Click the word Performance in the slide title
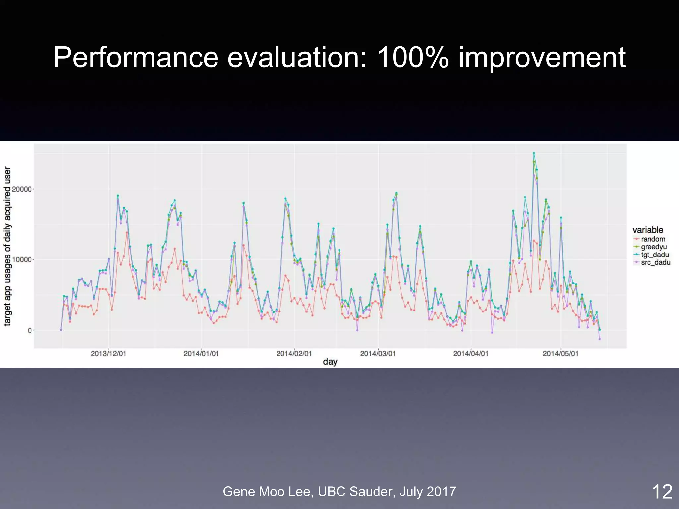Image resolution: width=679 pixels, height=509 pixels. pos(136,58)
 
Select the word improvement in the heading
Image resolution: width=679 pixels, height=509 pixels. pos(542,58)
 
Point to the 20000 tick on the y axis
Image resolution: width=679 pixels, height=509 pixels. pos(22,189)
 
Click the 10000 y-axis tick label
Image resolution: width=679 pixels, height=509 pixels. pos(22,260)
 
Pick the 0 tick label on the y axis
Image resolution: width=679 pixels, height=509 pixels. pos(30,330)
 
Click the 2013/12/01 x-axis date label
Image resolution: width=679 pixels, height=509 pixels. pos(108,354)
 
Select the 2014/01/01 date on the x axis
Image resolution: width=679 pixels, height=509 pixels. pos(201,354)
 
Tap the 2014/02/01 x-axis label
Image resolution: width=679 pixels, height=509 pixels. pos(294,354)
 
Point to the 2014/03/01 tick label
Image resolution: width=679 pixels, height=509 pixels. pos(378,354)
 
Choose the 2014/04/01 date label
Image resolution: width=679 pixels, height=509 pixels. pos(470,354)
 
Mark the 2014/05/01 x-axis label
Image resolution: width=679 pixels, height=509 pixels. pos(560,354)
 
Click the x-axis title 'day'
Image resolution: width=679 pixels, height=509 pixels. pos(330,362)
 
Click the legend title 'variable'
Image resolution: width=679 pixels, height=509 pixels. pos(648,230)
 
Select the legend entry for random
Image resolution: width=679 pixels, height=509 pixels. pos(653,239)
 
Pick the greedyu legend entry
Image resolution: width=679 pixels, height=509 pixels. pos(653,247)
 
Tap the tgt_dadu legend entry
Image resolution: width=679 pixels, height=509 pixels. pos(654,255)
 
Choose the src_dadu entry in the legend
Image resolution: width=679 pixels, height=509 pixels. pos(655,263)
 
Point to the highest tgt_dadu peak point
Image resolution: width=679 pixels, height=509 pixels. pos(534,153)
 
